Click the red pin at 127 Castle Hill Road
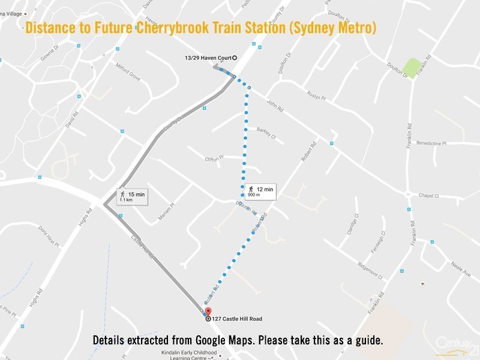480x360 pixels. (208, 311)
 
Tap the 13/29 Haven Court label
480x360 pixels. (208, 58)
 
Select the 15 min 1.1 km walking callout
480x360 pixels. (131, 197)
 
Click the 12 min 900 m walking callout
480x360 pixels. (260, 191)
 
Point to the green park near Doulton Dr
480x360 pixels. (412, 67)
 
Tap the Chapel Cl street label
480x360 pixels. (429, 196)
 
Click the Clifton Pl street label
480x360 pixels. (214, 158)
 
